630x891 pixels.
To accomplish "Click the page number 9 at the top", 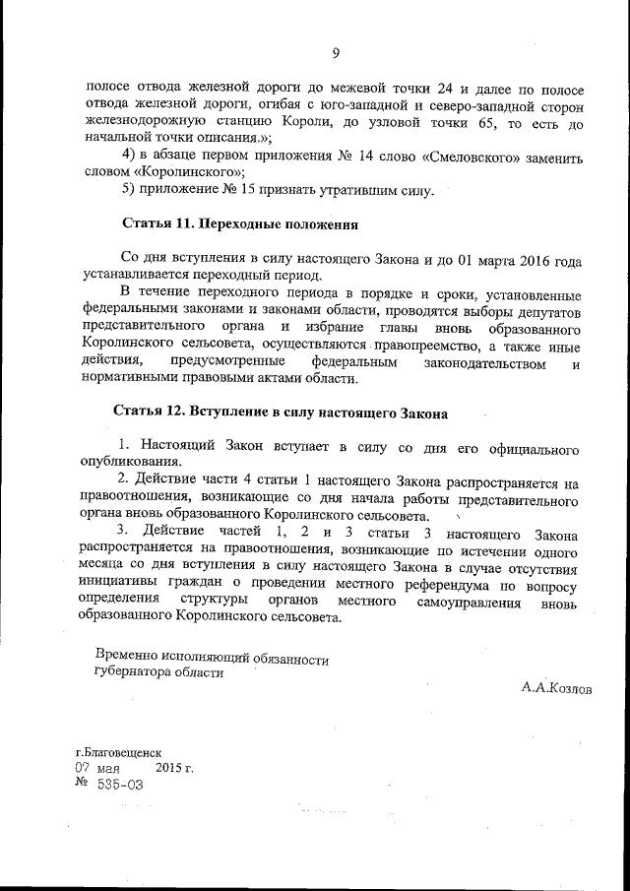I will pos(336,53).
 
